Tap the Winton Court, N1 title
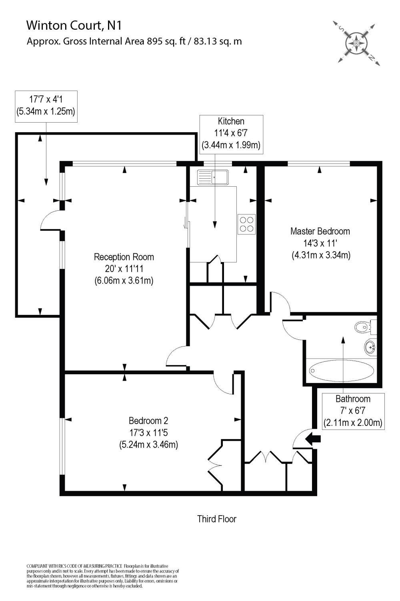[x=74, y=26]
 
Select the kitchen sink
[x=212, y=177]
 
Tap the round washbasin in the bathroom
[x=370, y=347]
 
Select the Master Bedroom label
[x=320, y=231]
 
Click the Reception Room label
[x=124, y=257]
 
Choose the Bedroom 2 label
[x=148, y=421]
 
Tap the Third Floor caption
[x=217, y=519]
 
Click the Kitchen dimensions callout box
[x=231, y=134]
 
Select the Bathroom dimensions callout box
[x=353, y=411]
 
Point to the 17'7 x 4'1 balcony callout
[x=46, y=106]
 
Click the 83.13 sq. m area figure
[x=218, y=41]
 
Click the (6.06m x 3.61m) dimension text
[x=124, y=280]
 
